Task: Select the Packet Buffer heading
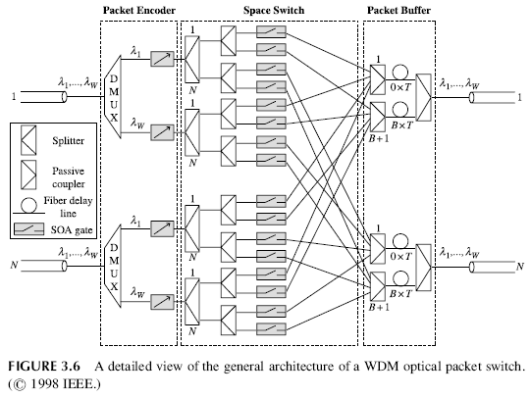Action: coord(402,11)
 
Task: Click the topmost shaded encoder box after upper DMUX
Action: coord(160,64)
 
